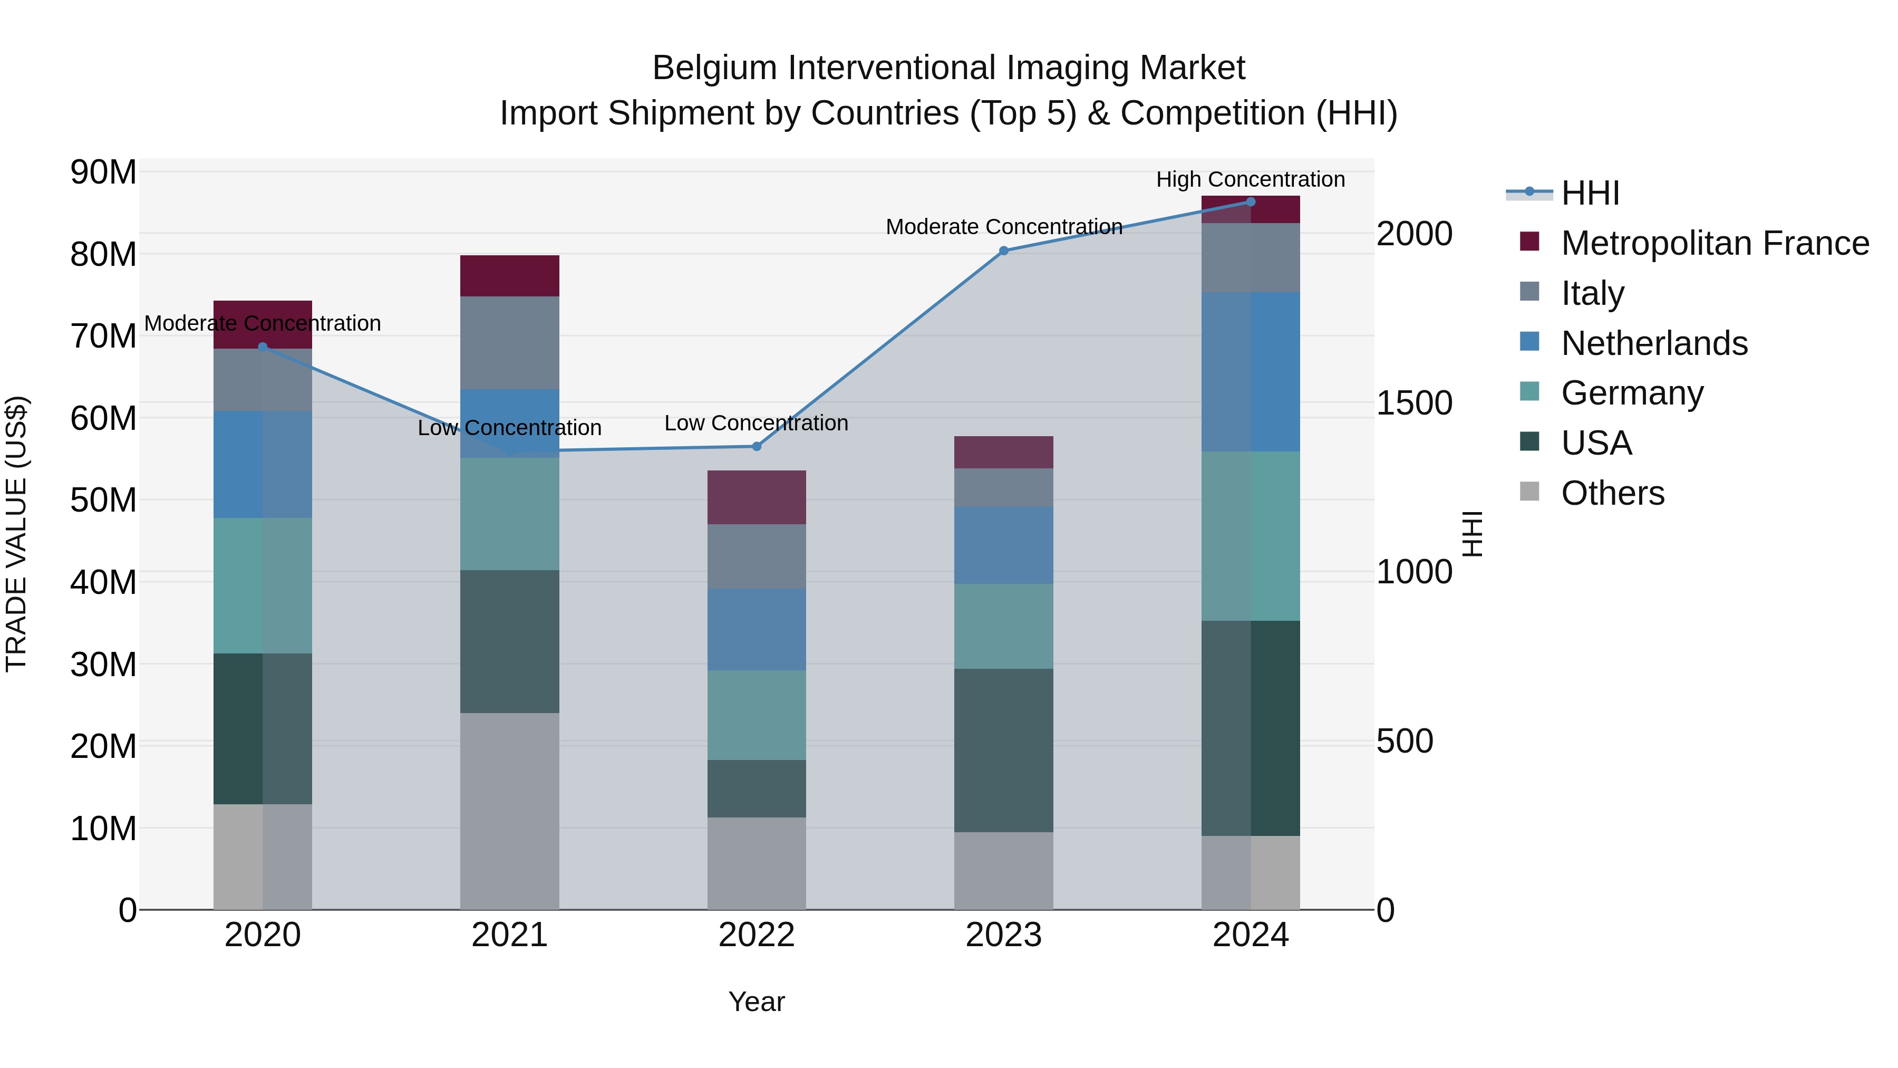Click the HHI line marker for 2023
click(1003, 251)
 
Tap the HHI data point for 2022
click(757, 446)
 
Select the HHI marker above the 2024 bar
click(1251, 202)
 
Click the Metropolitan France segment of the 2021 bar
click(510, 276)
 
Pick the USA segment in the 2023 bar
click(1003, 751)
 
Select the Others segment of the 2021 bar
click(510, 811)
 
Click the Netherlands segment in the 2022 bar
click(757, 629)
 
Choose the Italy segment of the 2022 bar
click(757, 556)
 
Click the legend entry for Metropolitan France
click(1715, 243)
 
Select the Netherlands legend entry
click(1654, 343)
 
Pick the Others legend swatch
click(1529, 492)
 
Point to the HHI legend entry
click(1590, 193)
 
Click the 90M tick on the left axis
click(103, 172)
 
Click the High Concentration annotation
click(1251, 179)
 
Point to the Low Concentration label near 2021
click(510, 428)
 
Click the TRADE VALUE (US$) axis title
click(16, 534)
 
